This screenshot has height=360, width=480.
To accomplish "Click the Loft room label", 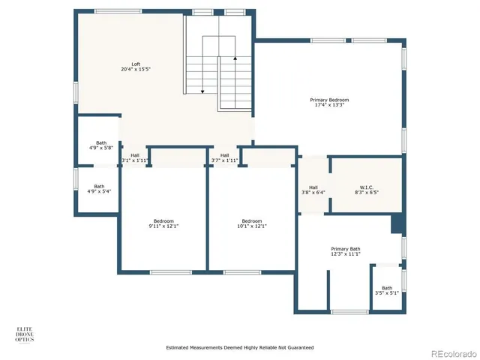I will point(136,67).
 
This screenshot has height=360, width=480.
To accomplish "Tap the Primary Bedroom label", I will point(329,102).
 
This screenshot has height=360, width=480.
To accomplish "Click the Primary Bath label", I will point(345,251).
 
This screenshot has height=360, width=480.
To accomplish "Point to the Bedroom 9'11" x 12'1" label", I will point(163,223).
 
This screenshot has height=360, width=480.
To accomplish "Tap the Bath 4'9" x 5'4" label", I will point(99,189).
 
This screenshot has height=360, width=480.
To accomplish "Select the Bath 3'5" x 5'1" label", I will point(386,290).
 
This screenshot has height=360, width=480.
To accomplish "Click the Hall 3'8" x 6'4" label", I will point(313,189).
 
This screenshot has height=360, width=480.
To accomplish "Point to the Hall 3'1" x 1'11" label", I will point(134,157).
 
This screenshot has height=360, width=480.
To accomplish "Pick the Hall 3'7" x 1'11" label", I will point(224,157).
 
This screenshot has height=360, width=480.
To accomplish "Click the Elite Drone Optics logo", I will point(25,334).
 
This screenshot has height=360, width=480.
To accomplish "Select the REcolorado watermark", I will point(451,352).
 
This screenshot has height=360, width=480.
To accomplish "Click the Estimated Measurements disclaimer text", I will point(239,348).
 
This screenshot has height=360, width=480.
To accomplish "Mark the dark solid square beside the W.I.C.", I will point(397,224).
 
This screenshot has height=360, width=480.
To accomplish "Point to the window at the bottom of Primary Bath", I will point(349,311).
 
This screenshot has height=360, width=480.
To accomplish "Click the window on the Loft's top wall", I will point(118,11).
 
